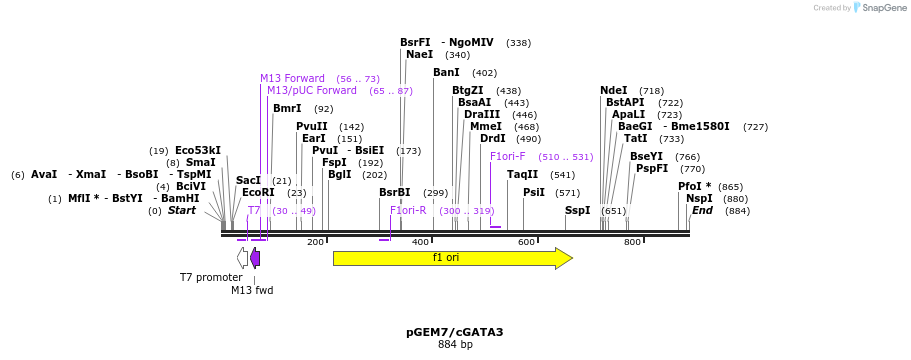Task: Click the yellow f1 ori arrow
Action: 451,258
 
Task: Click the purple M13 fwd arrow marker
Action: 255,258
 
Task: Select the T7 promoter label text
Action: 211,277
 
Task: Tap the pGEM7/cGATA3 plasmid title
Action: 455,332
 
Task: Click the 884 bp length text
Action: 455,345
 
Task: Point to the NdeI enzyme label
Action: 614,90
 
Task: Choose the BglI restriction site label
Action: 340,174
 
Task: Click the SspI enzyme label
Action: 578,210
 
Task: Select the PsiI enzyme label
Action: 534,192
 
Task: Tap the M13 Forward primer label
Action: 292,78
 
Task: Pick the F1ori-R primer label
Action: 408,210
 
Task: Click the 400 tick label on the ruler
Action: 421,242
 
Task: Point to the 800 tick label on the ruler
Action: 632,242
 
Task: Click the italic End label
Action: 702,210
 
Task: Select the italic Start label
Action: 182,210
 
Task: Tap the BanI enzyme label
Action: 446,72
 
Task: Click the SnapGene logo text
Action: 881,8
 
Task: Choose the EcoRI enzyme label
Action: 258,192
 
